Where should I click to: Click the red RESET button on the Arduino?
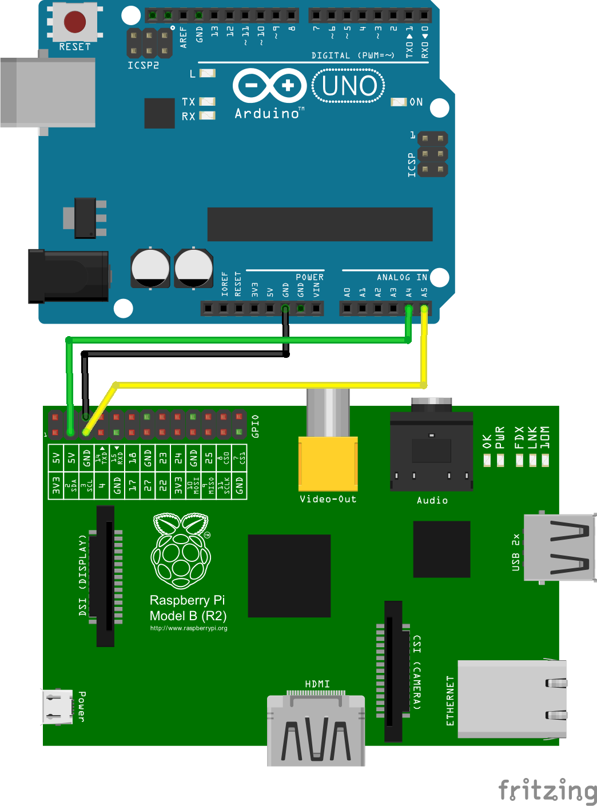pos(74,22)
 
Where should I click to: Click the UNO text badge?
pos(348,86)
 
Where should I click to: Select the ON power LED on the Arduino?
pos(398,102)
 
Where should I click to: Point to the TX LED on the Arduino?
pos(207,102)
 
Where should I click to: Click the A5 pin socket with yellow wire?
pos(424,309)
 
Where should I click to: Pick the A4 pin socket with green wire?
pos(408,309)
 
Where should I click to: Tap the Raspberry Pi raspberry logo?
pos(181,550)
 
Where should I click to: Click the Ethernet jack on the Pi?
pos(512,699)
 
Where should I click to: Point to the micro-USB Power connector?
pos(57,707)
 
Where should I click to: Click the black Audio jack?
pos(432,452)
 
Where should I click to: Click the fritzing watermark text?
pos(547,791)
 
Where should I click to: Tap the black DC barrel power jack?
pos(69,276)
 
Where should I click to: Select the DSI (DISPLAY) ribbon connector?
pos(106,576)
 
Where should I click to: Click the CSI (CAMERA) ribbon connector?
pos(393,671)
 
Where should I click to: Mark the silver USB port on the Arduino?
pos(48,92)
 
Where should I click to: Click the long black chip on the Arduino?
pos(320,224)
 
